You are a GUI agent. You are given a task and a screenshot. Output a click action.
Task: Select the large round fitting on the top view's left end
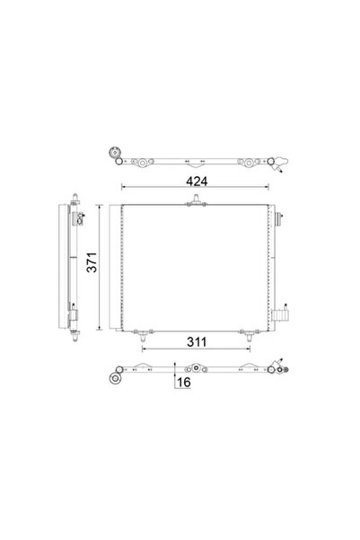[x=114, y=153]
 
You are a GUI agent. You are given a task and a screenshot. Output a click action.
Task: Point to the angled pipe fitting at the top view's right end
[x=282, y=167]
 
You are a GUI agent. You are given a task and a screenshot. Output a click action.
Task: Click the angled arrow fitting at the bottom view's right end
[x=282, y=365]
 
